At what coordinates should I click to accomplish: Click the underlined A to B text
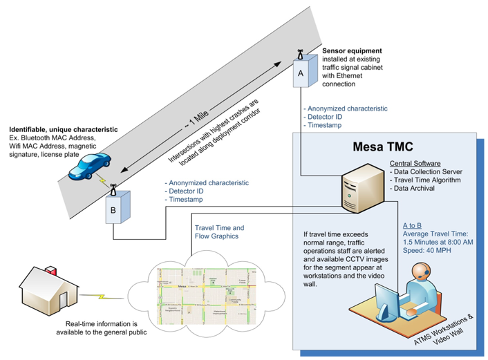pyautogui.click(x=413, y=226)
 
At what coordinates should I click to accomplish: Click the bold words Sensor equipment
pyautogui.click(x=353, y=51)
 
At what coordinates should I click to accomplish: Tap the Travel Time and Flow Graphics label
pyautogui.click(x=220, y=231)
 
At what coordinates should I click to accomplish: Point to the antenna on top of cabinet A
pyautogui.click(x=300, y=53)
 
